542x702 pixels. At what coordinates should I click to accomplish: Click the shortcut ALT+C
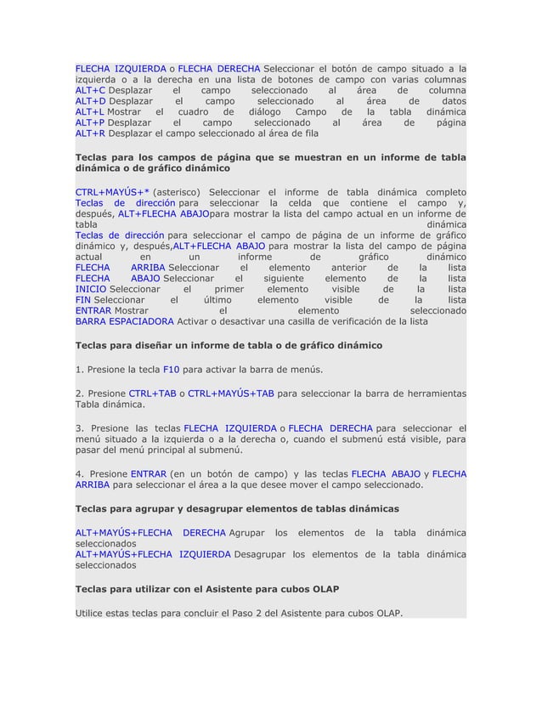(90, 90)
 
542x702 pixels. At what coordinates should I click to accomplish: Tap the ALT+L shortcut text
(89, 112)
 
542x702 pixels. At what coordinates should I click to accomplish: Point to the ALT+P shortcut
(90, 123)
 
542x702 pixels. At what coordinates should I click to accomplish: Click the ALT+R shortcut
(90, 134)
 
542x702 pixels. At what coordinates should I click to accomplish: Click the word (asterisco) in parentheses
(177, 191)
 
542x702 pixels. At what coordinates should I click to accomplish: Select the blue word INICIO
(91, 289)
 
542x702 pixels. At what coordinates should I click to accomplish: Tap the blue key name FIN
(83, 300)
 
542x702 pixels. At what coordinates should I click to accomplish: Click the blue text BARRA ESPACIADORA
(125, 322)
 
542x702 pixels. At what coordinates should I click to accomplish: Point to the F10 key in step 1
(171, 370)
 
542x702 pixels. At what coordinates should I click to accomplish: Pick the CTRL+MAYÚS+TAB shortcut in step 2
(230, 393)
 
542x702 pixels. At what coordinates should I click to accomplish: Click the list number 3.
(79, 427)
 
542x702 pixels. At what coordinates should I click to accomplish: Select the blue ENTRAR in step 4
(149, 473)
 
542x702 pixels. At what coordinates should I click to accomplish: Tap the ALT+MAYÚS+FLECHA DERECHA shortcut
(150, 533)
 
